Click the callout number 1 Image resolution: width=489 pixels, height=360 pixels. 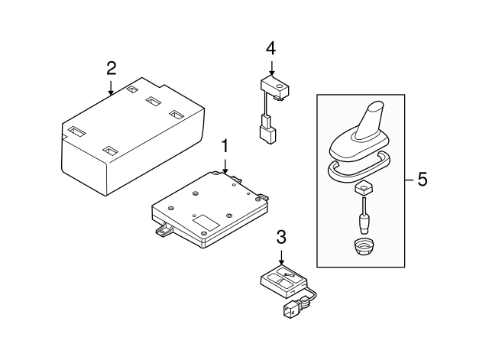coord(225,144)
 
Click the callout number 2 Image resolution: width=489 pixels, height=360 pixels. coord(111,68)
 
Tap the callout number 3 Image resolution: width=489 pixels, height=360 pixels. coord(281,237)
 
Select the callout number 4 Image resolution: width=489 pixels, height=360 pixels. coord(270,49)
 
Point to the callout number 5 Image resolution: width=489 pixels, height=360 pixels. coord(422,180)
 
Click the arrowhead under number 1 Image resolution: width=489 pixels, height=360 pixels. coord(225,169)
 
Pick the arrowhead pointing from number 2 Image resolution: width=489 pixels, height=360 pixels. coord(112,93)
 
